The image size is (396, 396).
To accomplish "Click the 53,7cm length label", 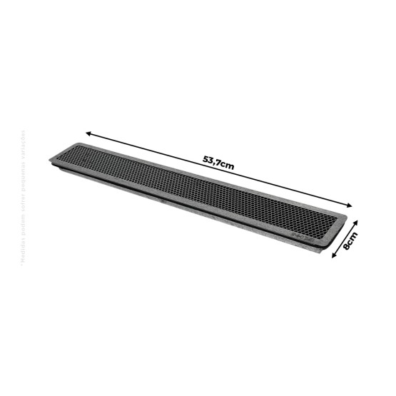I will point(218,163).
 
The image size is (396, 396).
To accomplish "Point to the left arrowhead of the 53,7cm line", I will point(88,132).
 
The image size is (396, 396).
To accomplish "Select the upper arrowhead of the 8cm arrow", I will point(355,223).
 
